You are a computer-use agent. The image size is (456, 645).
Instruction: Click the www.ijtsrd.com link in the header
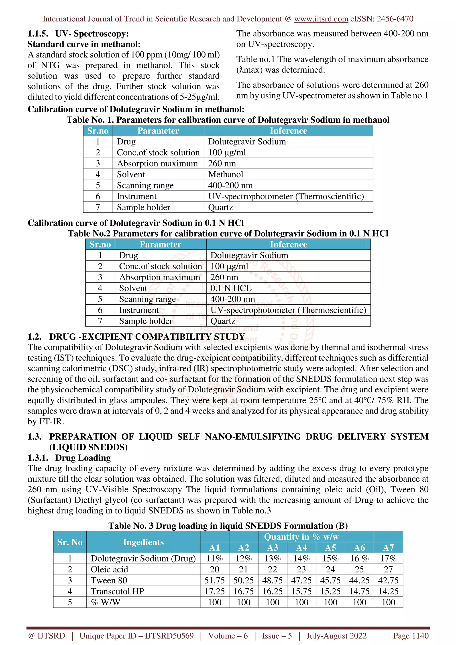point(321,19)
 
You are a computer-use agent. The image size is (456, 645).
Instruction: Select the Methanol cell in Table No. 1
point(226,174)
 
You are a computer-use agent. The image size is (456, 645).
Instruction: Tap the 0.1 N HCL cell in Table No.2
point(231,288)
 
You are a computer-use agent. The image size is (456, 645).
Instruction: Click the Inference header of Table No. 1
point(288,131)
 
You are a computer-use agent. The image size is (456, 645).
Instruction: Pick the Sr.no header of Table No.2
point(100,245)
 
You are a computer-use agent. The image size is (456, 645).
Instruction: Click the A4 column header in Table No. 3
point(301,548)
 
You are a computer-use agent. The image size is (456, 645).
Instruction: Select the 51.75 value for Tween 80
point(215,580)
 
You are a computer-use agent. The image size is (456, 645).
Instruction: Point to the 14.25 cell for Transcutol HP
point(388,591)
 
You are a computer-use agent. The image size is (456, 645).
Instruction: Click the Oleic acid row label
point(109,569)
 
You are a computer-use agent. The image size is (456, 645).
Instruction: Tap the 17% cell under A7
point(388,558)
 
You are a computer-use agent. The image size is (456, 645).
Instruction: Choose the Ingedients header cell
point(143,542)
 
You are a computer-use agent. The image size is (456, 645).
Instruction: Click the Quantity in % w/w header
point(301,537)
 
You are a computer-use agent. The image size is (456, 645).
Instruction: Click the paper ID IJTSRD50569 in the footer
point(169,636)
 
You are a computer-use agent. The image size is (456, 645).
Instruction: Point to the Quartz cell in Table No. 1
point(221,207)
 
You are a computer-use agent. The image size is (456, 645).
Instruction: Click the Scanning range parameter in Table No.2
point(147,299)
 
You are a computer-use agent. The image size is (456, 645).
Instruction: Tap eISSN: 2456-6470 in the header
point(382,19)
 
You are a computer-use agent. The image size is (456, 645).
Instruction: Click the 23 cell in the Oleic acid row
point(301,569)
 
